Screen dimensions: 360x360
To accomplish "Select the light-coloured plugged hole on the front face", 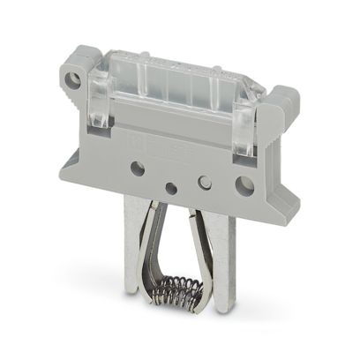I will coord(205,183).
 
